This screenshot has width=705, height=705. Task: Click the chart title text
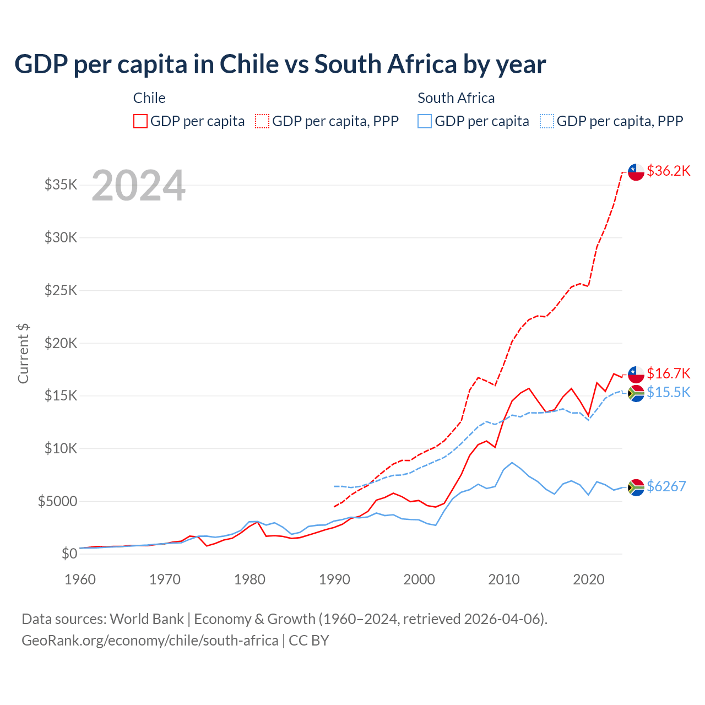coord(280,64)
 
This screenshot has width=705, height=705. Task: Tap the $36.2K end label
coord(668,171)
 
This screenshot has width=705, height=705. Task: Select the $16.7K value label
coord(668,373)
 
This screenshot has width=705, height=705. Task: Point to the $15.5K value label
coord(668,392)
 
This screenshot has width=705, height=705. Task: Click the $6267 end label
coord(666,486)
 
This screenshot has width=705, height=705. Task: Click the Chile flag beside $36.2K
coord(636,172)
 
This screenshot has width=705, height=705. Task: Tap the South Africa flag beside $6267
coord(636,487)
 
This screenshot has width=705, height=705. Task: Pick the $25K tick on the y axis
coord(61,290)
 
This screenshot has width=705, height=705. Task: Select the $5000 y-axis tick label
coord(57,501)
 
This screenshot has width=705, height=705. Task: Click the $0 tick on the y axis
coord(69,554)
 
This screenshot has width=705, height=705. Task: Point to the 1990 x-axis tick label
coord(334,579)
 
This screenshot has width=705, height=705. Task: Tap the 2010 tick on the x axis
coord(504,579)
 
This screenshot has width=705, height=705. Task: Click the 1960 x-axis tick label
coord(80,579)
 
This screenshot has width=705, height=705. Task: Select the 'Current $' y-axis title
coord(23,354)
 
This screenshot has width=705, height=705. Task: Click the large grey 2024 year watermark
coord(138,186)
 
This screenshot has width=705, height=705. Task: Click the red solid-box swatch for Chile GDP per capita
coord(140,121)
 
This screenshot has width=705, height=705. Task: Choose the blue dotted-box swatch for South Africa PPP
coord(547,121)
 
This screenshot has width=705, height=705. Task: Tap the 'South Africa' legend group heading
coord(456,98)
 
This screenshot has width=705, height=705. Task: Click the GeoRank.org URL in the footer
coord(150,641)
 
